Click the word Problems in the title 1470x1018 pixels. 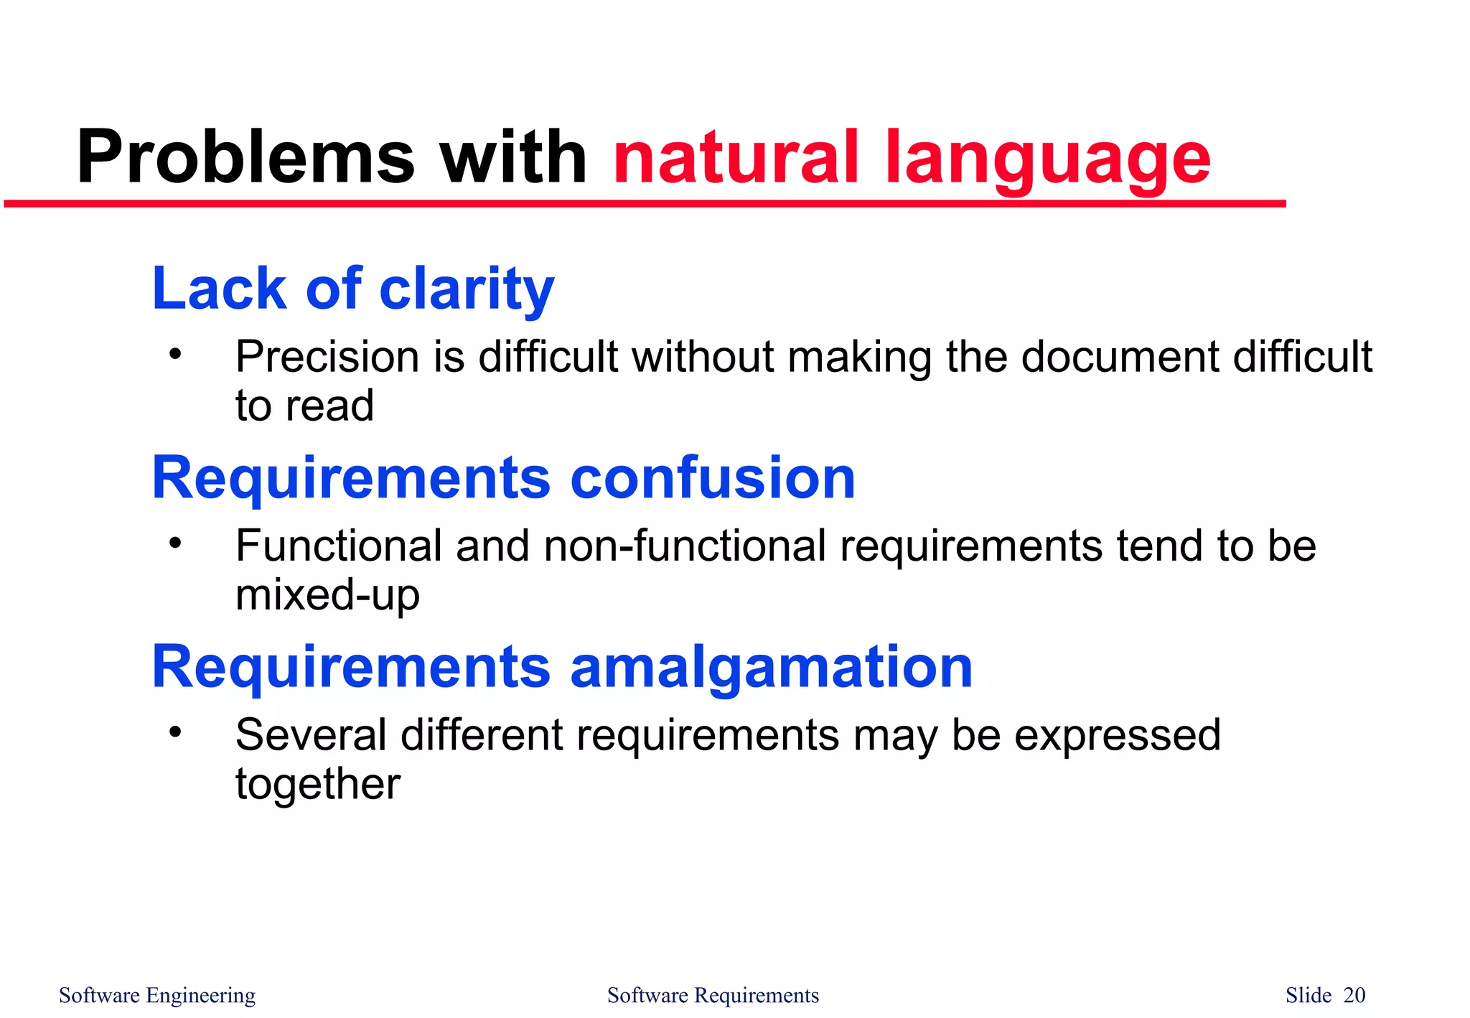[x=245, y=158]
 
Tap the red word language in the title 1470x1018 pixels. [x=1048, y=162]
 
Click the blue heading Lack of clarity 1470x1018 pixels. [x=353, y=289]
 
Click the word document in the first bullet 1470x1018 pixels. [x=1120, y=357]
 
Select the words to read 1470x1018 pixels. [x=305, y=406]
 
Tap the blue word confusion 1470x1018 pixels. [x=712, y=478]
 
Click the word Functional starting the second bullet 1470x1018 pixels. [x=338, y=546]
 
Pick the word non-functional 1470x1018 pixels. [x=685, y=546]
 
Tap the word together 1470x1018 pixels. [x=318, y=785]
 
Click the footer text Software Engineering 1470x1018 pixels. [x=157, y=996]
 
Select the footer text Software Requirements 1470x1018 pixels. [x=713, y=996]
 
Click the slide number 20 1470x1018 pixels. [x=1354, y=996]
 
